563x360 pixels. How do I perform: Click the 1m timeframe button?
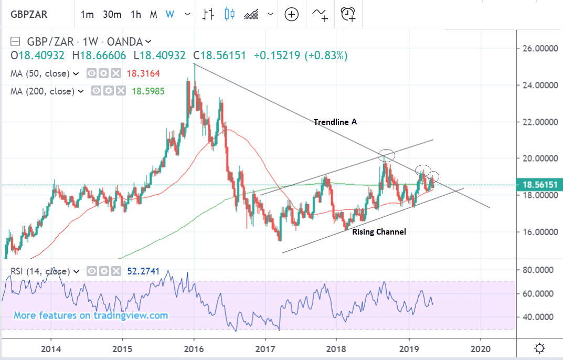pyautogui.click(x=87, y=14)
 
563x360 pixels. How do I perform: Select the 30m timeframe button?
pyautogui.click(x=112, y=14)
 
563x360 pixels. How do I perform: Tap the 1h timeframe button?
pyautogui.click(x=136, y=14)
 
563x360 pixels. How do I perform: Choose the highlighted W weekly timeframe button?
pyautogui.click(x=169, y=14)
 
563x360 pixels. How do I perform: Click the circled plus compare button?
pyautogui.click(x=291, y=14)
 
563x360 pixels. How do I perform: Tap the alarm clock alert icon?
pyautogui.click(x=348, y=14)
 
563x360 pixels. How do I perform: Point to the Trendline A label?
pyautogui.click(x=335, y=122)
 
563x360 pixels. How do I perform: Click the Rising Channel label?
pyautogui.click(x=378, y=231)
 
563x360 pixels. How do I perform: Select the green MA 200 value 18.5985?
pyautogui.click(x=149, y=91)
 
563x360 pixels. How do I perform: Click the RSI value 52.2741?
pyautogui.click(x=144, y=271)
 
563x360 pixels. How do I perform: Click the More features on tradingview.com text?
pyautogui.click(x=91, y=315)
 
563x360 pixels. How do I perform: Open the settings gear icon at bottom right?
pyautogui.click(x=539, y=348)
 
